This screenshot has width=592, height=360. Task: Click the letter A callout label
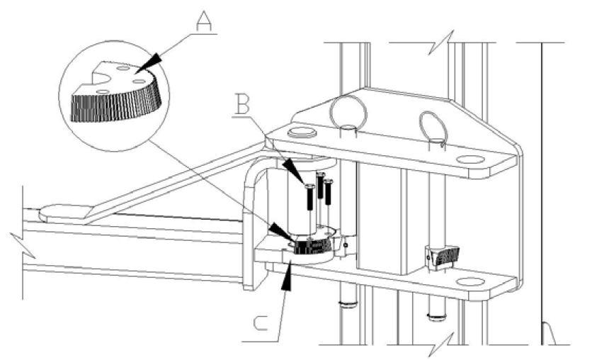(204, 21)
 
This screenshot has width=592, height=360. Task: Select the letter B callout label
(242, 104)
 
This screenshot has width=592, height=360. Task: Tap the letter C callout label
(261, 323)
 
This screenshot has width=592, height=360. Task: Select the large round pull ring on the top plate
(348, 111)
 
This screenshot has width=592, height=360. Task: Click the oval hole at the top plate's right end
(470, 159)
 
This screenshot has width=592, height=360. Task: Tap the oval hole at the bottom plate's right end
(470, 282)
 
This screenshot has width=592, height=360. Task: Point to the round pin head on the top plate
(302, 133)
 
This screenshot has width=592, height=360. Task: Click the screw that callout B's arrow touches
(309, 196)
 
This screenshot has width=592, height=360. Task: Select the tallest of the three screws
(321, 185)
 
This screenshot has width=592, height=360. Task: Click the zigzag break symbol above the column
(440, 43)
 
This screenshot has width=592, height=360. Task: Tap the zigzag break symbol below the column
(440, 344)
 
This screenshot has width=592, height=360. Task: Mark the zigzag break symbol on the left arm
(23, 245)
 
